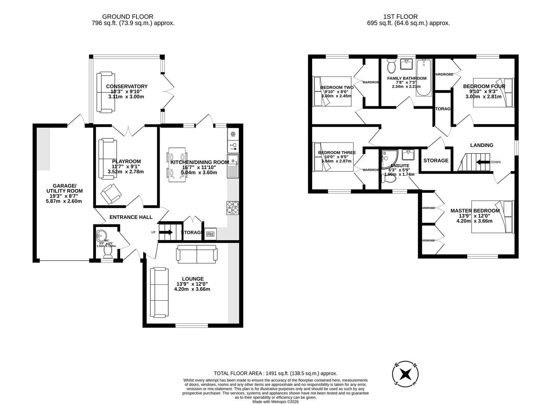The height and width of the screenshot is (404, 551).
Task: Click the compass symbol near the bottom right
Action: coord(405,374)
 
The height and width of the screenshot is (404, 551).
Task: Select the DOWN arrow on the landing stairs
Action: coord(483,162)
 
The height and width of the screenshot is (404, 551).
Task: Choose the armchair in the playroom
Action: coord(111,193)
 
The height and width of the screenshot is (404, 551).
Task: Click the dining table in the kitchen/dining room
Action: coord(177,165)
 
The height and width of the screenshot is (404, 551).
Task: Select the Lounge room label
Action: coord(193,279)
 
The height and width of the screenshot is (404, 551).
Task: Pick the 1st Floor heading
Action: coord(400,16)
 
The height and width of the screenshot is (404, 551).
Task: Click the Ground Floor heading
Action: coord(128,16)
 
